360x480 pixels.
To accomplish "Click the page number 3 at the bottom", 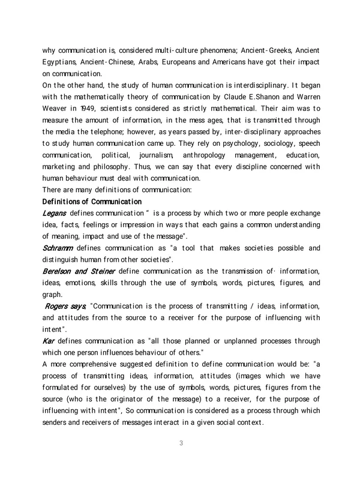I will (181, 443).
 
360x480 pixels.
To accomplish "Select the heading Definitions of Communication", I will (91, 200).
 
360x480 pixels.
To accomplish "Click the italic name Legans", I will (54, 214).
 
